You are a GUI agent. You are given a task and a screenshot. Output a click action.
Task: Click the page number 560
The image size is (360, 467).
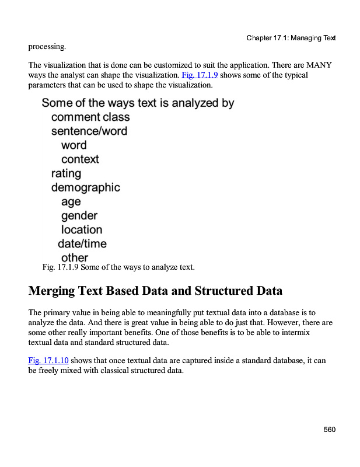click(x=330, y=430)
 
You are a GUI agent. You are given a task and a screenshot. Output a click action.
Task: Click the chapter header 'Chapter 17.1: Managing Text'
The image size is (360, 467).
click(x=291, y=38)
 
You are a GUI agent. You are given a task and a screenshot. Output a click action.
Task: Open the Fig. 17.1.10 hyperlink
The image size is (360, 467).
click(x=48, y=360)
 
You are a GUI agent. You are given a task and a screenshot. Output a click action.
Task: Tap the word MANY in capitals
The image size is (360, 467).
click(x=320, y=65)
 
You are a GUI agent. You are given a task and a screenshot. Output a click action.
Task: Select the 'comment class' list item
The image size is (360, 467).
click(x=90, y=117)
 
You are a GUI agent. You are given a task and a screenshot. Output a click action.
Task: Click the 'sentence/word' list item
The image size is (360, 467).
click(x=89, y=131)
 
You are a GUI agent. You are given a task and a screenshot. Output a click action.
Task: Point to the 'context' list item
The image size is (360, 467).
click(x=80, y=159)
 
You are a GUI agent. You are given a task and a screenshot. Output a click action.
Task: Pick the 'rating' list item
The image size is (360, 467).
click(x=66, y=173)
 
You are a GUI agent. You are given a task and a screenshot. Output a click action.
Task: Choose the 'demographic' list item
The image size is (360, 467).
click(x=86, y=187)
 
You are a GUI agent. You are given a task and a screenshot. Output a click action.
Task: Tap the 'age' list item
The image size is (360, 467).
click(x=71, y=201)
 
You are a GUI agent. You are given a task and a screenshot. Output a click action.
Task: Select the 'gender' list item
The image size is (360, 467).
click(x=79, y=215)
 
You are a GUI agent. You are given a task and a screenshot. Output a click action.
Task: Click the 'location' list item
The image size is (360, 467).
click(x=82, y=229)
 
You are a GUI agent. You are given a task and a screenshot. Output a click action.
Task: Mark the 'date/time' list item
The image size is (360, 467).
click(x=82, y=243)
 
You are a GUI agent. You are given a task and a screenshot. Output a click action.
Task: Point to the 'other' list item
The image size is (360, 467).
click(x=75, y=257)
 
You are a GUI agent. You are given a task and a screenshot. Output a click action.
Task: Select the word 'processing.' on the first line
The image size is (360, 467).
click(x=47, y=46)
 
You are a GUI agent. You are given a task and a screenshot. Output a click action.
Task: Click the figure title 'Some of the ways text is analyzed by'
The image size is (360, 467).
click(x=138, y=103)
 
